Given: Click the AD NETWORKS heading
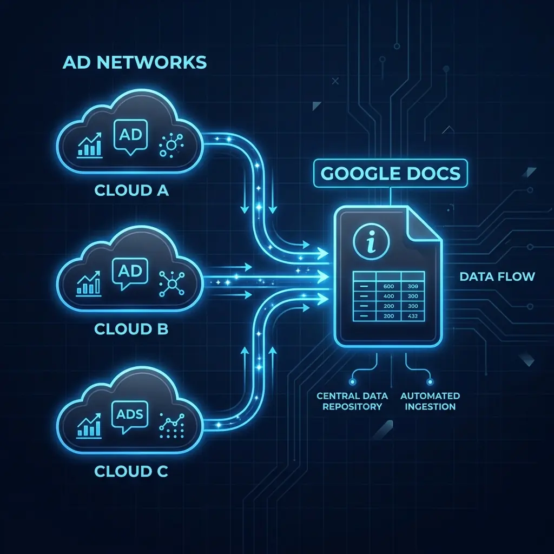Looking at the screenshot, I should [134, 62].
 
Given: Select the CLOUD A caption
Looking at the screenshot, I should [131, 190].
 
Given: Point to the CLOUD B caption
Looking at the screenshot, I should [131, 328].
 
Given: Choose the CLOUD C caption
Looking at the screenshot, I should [131, 471].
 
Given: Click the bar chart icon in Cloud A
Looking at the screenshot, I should [90, 144].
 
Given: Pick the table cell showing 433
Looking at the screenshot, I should [413, 316].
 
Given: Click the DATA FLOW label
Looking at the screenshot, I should [497, 277].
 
